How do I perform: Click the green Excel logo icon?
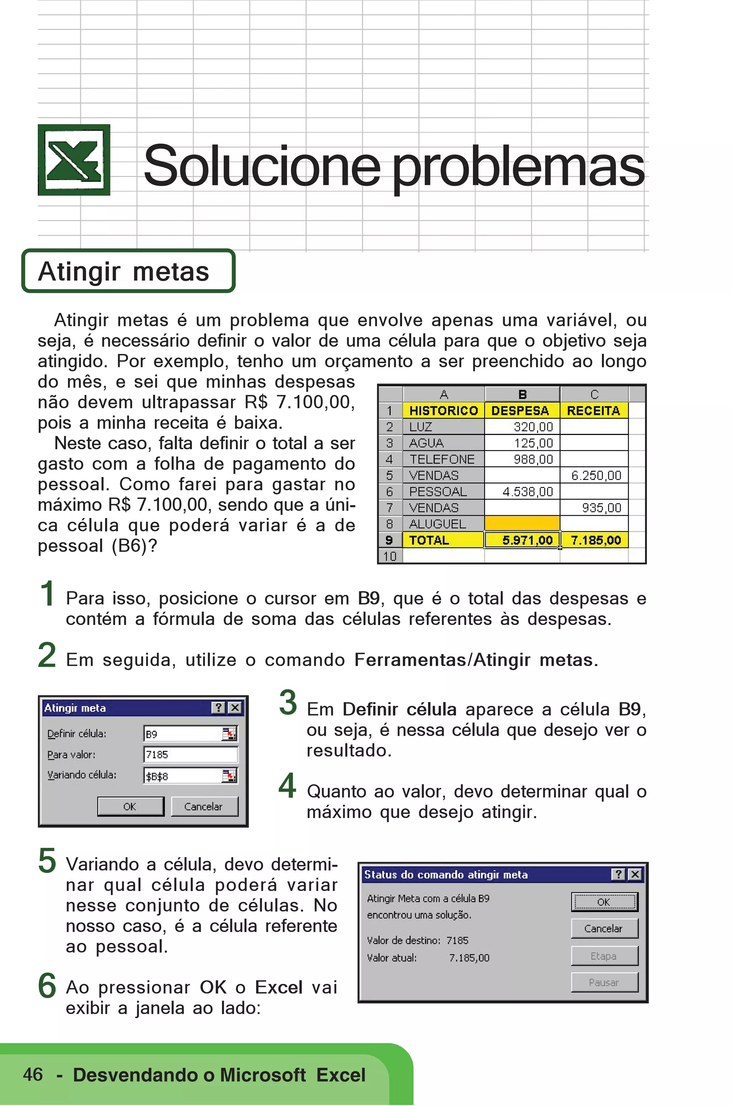coord(74,160)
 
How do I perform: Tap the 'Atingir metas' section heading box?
coord(128,271)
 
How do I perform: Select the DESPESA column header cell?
coord(521,410)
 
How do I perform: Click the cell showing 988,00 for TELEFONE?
coord(522,459)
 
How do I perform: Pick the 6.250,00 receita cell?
coord(594,475)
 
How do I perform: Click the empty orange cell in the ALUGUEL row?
coord(522,524)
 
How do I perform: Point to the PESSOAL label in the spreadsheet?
coord(438,491)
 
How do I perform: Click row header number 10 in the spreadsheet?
coord(390,556)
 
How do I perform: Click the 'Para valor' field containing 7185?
coord(190,754)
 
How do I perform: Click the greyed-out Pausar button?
coord(604,982)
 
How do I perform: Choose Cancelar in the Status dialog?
coord(604,928)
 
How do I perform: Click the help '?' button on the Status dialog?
coord(618,874)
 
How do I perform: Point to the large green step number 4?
coord(288,786)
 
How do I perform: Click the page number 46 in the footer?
coord(33,1074)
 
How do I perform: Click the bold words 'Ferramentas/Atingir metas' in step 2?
coord(476,660)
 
